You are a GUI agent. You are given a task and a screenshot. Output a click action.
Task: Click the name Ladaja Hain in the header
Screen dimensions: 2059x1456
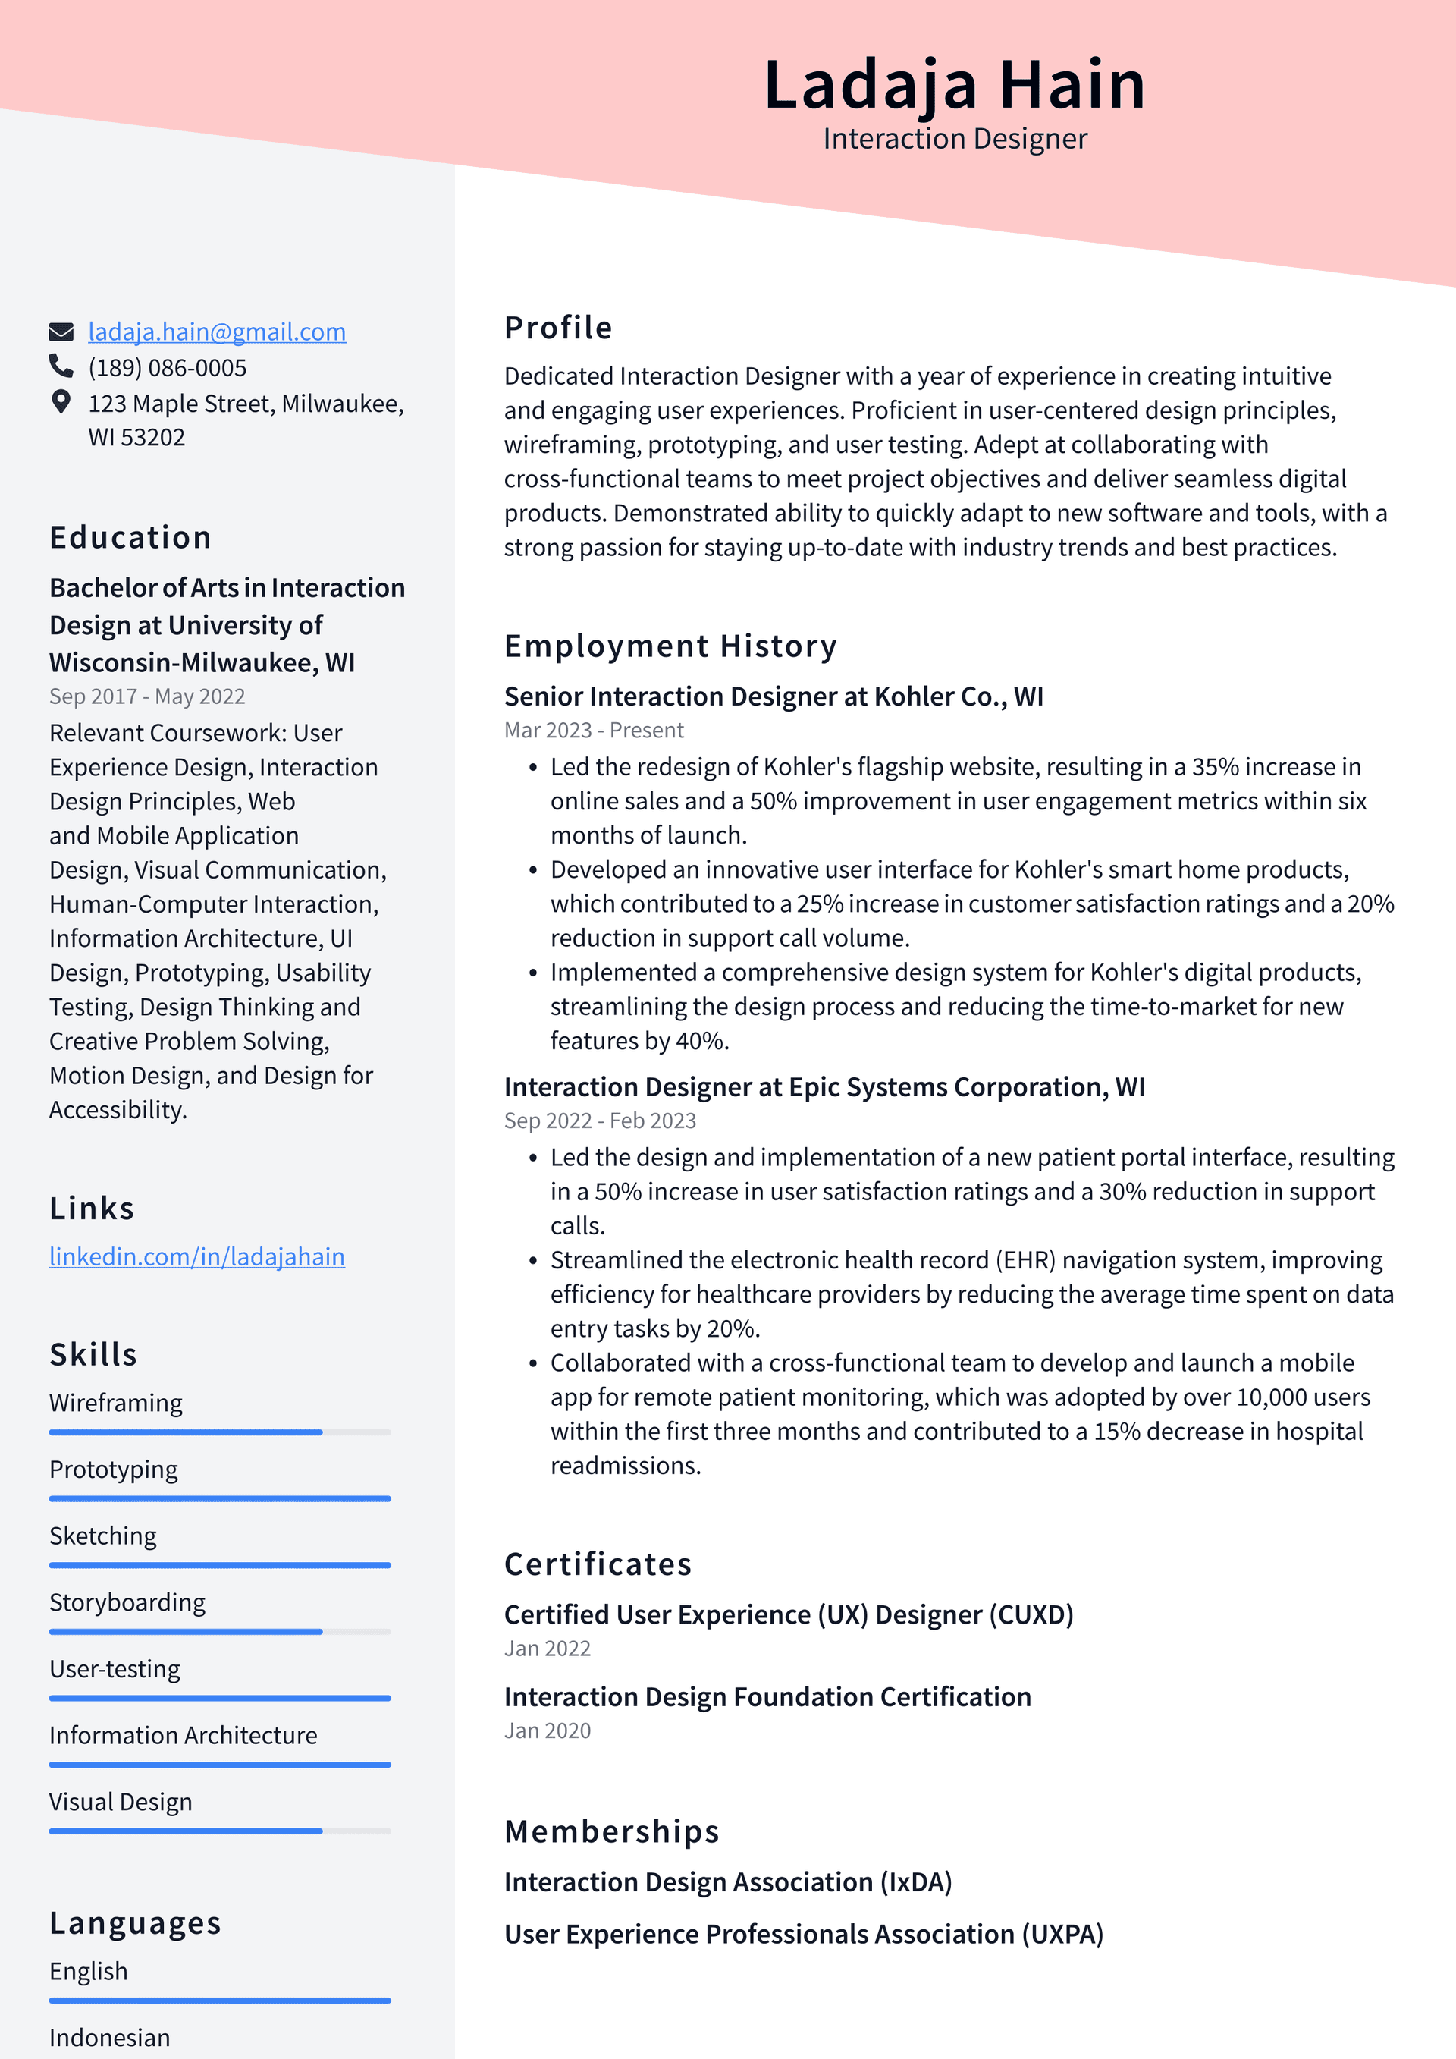tap(954, 85)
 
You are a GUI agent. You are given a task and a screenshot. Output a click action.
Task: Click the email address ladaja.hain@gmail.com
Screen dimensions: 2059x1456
tap(216, 332)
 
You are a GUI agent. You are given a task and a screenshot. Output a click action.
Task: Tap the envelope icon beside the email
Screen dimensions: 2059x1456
tap(61, 332)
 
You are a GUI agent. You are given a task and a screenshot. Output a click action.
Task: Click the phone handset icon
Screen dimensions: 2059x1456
tap(61, 366)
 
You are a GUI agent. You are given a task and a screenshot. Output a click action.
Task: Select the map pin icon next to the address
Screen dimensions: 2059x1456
tap(61, 402)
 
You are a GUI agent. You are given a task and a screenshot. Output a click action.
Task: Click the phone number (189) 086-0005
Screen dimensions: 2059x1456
tap(167, 368)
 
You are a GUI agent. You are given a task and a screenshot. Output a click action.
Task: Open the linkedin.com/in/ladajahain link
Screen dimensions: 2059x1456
tap(196, 1256)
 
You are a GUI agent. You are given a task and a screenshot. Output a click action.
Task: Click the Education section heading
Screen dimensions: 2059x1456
tap(130, 537)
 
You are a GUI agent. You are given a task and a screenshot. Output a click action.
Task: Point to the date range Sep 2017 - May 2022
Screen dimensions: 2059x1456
tap(147, 696)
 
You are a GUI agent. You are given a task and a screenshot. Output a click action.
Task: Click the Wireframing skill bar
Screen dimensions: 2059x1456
tap(220, 1432)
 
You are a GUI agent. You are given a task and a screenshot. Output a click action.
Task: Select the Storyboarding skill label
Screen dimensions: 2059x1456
tap(127, 1602)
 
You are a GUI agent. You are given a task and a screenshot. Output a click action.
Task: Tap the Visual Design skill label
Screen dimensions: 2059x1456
tap(120, 1802)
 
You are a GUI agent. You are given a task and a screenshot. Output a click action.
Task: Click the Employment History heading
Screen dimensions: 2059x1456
tap(670, 646)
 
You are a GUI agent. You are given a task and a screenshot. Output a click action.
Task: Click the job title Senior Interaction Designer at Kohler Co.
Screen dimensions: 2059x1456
tap(773, 696)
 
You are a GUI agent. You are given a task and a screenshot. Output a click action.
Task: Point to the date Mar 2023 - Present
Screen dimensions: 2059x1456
tap(594, 730)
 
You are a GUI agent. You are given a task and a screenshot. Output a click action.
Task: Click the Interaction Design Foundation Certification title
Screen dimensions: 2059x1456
tap(767, 1696)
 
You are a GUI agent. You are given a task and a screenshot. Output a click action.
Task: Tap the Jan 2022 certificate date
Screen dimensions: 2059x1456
tap(547, 1649)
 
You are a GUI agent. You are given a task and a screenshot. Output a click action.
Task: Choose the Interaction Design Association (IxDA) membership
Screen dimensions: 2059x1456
tap(727, 1881)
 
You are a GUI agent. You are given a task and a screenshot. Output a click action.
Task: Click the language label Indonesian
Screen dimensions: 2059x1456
tap(109, 2038)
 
